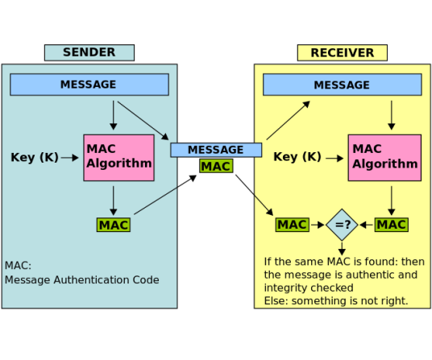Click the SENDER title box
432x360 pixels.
(x=89, y=52)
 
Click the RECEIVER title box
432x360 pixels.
(x=343, y=52)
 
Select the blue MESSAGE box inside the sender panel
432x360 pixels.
(x=89, y=85)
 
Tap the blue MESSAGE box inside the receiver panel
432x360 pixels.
(x=343, y=85)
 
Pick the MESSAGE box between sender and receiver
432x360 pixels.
(x=216, y=150)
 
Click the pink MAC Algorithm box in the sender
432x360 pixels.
(x=118, y=158)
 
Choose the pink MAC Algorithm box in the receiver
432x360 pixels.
(x=384, y=158)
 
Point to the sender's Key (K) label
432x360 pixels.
(x=35, y=157)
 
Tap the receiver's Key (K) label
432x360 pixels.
(x=297, y=157)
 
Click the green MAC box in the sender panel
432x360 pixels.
(x=114, y=225)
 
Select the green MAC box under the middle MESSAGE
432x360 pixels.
(x=216, y=166)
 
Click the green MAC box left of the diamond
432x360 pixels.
(x=293, y=225)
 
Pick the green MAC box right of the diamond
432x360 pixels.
(x=392, y=225)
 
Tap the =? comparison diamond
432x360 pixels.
(x=342, y=225)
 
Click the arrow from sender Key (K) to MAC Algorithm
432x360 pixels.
(x=69, y=158)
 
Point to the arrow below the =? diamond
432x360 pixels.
(x=342, y=249)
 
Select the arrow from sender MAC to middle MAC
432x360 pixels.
(x=165, y=195)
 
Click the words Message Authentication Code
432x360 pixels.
(x=82, y=280)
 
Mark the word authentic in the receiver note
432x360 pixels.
(x=375, y=275)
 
